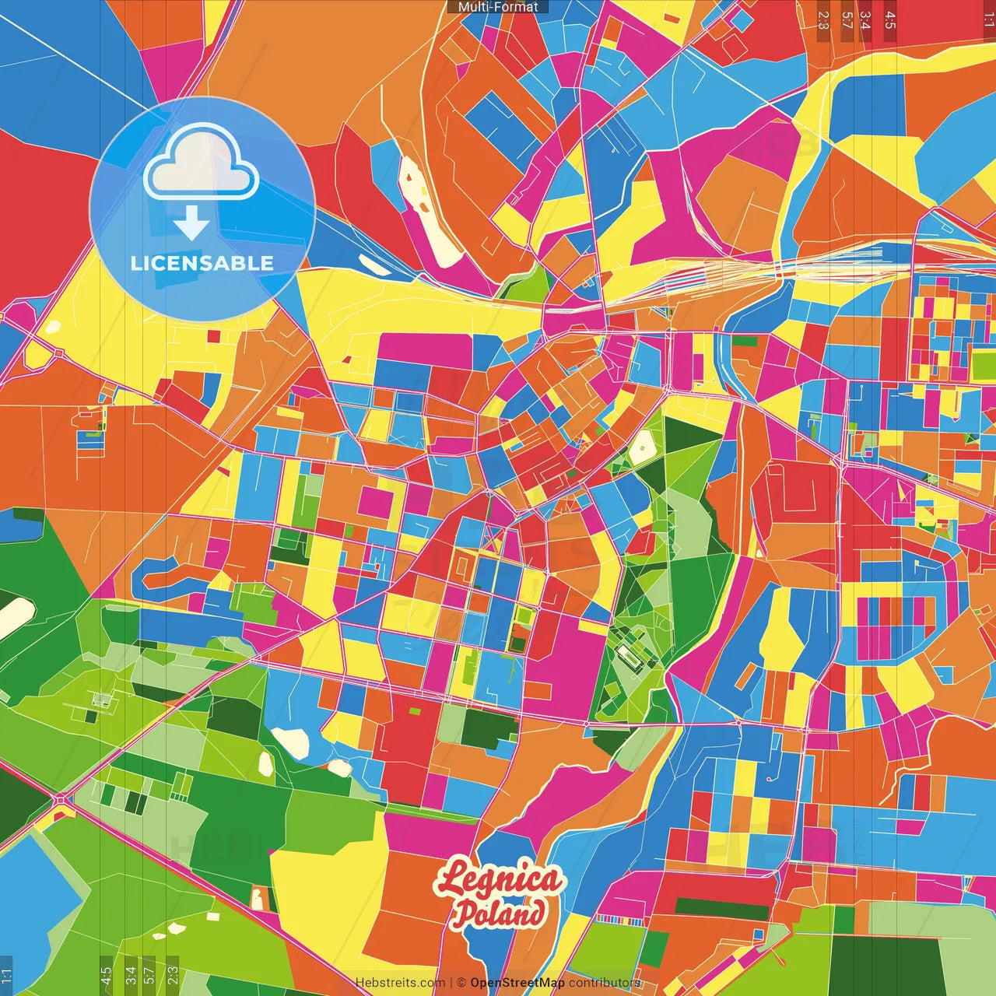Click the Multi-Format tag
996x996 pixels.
(x=498, y=7)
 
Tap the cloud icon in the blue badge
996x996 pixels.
(x=202, y=163)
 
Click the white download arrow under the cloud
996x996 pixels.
(x=191, y=223)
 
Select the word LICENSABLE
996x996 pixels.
(x=202, y=263)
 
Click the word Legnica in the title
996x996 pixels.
(x=499, y=879)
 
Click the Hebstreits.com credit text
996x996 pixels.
(x=401, y=983)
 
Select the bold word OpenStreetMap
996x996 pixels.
(x=517, y=983)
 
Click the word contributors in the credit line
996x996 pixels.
(x=604, y=983)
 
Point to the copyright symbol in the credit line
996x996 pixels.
(x=461, y=983)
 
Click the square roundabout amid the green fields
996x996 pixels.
(x=61, y=799)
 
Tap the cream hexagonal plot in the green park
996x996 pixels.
(x=643, y=447)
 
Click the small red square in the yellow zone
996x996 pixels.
(x=214, y=336)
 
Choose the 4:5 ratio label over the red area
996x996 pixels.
(x=890, y=20)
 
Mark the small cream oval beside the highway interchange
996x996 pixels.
(x=52, y=327)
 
